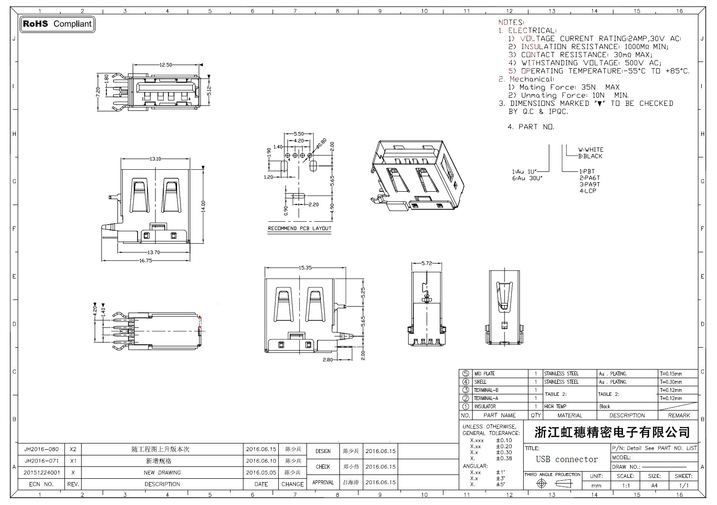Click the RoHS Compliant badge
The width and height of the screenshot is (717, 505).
[57, 24]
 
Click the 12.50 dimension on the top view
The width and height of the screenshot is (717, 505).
[166, 65]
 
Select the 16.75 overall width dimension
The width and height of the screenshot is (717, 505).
[145, 261]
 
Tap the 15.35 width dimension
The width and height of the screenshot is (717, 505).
[305, 268]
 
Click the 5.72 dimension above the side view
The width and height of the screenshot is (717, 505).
[427, 263]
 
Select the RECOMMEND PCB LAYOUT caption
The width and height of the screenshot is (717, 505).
[299, 228]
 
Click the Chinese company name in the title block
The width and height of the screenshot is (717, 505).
[612, 433]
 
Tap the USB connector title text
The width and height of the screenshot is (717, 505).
[567, 459]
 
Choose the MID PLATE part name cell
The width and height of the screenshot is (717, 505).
[484, 374]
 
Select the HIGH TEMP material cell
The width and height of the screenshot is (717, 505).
[555, 407]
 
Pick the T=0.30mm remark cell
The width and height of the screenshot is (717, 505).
[671, 382]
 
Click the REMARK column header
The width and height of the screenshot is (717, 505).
[679, 415]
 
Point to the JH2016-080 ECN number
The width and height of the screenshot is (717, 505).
[42, 449]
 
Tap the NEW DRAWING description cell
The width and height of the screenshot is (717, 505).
[162, 473]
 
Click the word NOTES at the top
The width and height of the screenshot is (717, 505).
[511, 22]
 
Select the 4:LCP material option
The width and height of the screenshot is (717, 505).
[588, 191]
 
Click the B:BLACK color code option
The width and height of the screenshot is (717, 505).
[590, 156]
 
